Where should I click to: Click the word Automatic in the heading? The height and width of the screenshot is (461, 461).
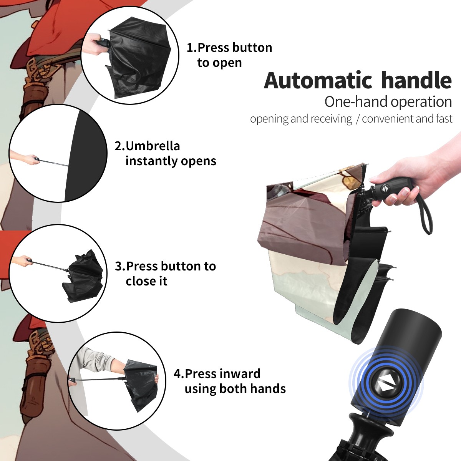pos(318,80)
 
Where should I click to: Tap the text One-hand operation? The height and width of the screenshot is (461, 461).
pos(388,102)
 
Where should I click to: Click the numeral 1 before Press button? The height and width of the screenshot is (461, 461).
pos(189,48)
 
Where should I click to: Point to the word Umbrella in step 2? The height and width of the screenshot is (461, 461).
pos(153,146)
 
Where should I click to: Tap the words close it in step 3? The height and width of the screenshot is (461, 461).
pos(146,281)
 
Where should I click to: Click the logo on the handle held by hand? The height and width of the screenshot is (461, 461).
pos(385,189)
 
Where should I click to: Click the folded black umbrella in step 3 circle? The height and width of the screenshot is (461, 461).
pos(84,275)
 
